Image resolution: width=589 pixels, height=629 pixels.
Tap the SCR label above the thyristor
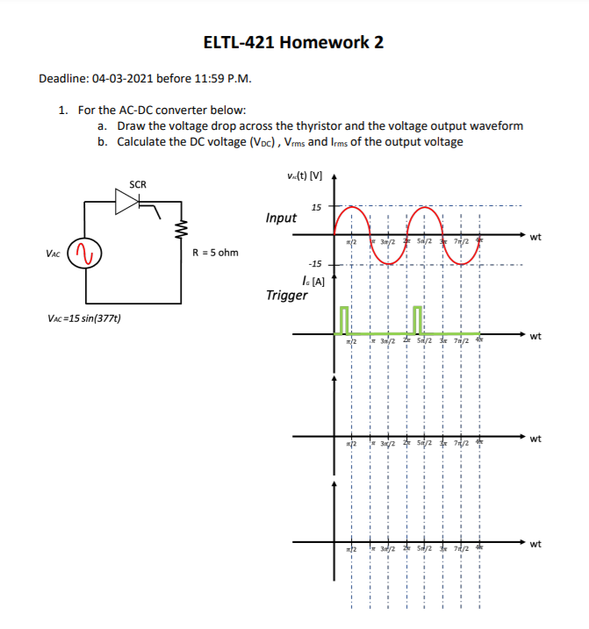click(x=138, y=184)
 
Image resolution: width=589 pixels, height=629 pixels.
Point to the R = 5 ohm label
click(x=215, y=254)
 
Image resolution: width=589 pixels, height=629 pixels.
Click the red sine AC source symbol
click(x=85, y=254)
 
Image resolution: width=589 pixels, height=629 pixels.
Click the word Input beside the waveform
click(x=281, y=218)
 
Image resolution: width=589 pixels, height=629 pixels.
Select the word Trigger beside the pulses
click(x=286, y=295)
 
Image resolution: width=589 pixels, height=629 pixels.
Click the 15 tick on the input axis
click(x=316, y=207)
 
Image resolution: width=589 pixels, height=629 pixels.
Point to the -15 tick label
click(x=314, y=263)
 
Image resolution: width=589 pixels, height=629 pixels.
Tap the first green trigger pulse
click(x=344, y=319)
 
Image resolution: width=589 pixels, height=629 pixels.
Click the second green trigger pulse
click(x=418, y=319)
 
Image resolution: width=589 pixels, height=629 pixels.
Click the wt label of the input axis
click(x=535, y=236)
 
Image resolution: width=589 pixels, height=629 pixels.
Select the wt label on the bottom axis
click(x=535, y=544)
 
